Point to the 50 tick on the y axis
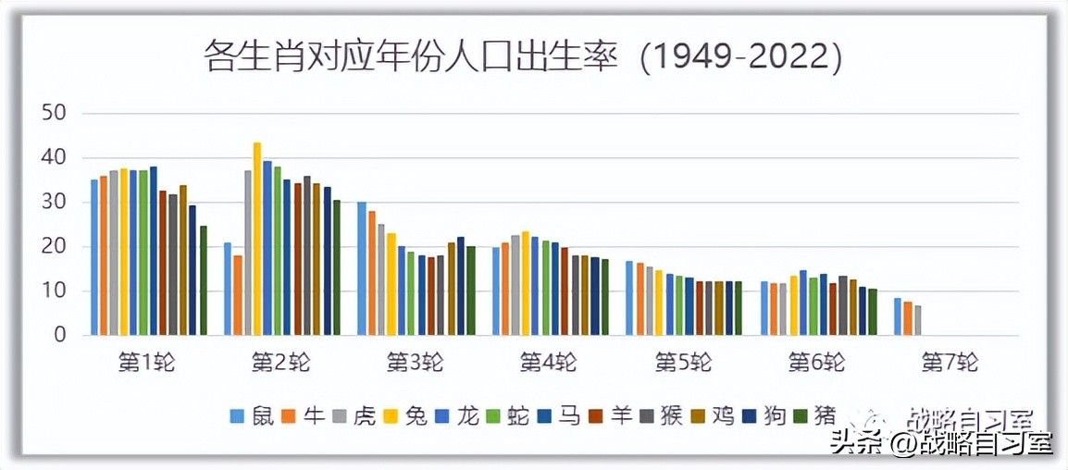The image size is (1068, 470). [55, 113]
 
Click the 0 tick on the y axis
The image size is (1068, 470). [60, 335]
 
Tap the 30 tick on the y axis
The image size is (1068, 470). [55, 202]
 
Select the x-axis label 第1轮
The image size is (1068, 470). [146, 362]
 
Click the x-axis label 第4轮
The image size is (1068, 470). [549, 362]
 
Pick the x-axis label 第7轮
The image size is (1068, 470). [950, 362]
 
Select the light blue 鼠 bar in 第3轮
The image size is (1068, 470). [362, 268]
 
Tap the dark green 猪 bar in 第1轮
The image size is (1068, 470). [204, 280]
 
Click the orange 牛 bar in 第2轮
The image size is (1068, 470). [238, 295]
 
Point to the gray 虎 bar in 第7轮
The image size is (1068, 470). [917, 320]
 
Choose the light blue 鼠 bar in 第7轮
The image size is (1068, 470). [898, 316]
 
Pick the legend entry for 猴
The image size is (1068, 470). [661, 416]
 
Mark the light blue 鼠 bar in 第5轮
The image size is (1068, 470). [629, 298]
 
